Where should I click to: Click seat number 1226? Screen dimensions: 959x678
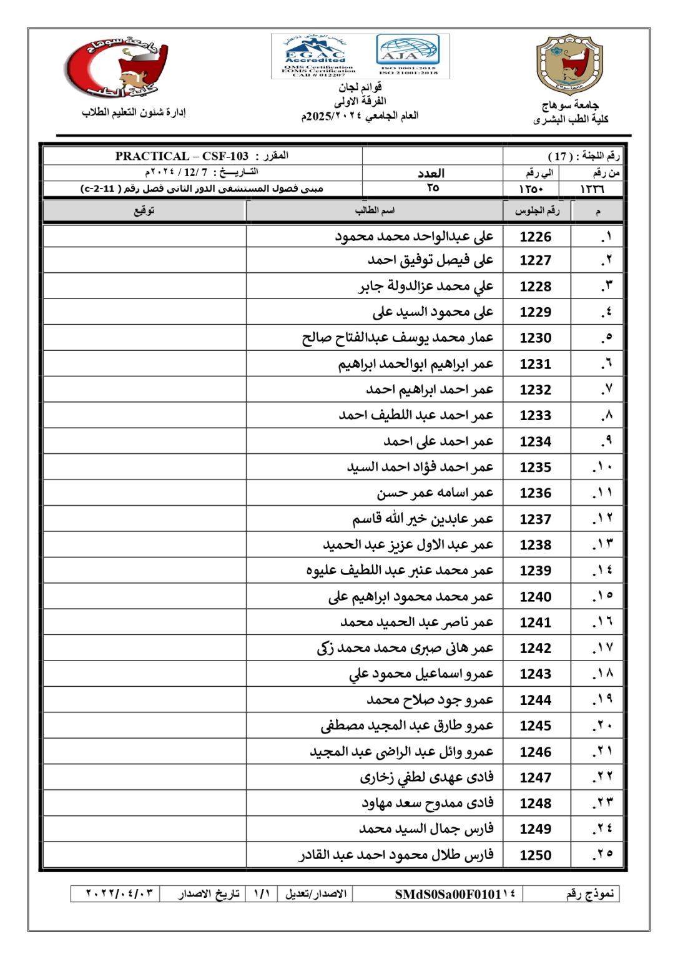click(x=536, y=237)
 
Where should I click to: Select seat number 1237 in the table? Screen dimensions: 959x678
click(x=536, y=519)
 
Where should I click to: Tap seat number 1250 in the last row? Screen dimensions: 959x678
click(x=536, y=855)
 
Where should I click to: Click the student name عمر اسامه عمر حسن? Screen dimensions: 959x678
click(x=435, y=493)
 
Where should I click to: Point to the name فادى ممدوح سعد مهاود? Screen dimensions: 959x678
click(x=428, y=803)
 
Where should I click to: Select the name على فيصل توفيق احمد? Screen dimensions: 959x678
click(x=431, y=260)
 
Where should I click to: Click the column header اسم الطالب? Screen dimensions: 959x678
click(x=375, y=210)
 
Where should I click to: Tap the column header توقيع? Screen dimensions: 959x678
click(x=144, y=210)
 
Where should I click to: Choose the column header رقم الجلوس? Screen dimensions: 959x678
click(x=537, y=210)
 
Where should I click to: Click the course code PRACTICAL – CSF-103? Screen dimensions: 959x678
click(x=182, y=156)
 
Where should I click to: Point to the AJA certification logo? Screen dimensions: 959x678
click(x=408, y=55)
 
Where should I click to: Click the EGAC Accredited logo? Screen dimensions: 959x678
click(x=315, y=55)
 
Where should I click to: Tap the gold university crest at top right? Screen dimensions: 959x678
click(x=570, y=64)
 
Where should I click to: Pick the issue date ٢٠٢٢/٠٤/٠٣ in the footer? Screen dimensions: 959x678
click(x=119, y=893)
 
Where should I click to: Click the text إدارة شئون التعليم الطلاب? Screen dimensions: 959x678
click(x=134, y=112)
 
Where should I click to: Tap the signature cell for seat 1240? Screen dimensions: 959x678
click(x=144, y=597)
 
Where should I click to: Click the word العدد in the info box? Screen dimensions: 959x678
click(x=431, y=173)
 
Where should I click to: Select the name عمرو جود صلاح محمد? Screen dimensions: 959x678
click(x=430, y=700)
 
